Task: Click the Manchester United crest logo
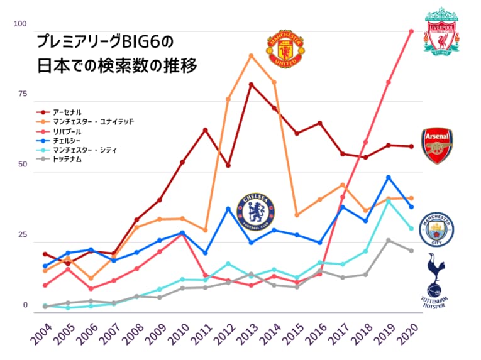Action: [286, 48]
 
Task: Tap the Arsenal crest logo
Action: [437, 146]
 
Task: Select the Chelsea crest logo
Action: [256, 211]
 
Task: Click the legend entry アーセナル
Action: [67, 111]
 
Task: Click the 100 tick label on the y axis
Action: [21, 24]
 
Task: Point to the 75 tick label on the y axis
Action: [23, 94]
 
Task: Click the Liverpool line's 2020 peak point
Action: [411, 31]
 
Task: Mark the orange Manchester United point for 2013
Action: [251, 56]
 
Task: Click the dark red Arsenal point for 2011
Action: [205, 130]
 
